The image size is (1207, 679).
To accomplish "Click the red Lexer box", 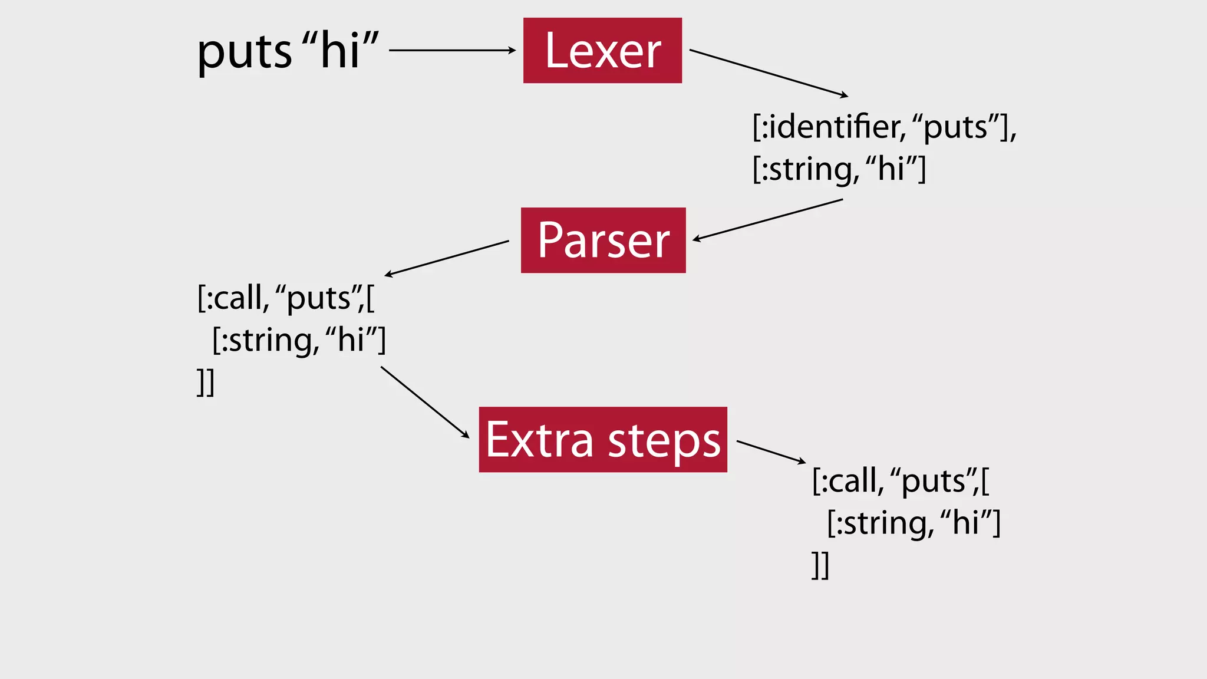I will coord(602,51).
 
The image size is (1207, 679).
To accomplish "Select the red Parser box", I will coord(603,240).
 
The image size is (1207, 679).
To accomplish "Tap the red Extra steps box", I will coord(603,440).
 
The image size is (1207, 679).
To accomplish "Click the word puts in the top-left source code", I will coord(244,52).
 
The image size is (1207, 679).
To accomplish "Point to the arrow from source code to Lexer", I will coord(451,51).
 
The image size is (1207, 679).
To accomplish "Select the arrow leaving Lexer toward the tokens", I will coord(769,72).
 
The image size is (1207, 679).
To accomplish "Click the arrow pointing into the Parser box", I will coord(767,220).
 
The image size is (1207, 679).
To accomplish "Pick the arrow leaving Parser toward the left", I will coord(447,258).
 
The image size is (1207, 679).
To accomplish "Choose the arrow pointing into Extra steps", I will coord(425,402).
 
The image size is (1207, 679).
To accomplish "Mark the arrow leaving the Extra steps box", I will coord(771,451).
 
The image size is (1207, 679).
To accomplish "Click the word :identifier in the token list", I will coord(832,127).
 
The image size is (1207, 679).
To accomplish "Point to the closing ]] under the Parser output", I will coord(206,383).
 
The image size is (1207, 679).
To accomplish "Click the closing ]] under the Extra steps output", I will coord(820,565).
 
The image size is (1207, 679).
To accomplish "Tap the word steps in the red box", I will coord(664,441).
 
